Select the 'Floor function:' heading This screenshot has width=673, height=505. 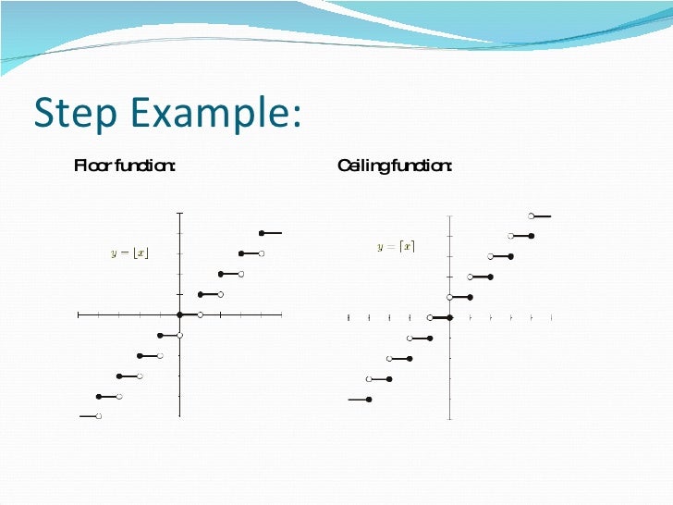pyautogui.click(x=125, y=166)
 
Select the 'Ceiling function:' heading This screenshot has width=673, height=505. pyautogui.click(x=395, y=166)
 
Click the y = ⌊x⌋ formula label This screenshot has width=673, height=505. pyautogui.click(x=130, y=253)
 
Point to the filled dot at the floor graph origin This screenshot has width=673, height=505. pyautogui.click(x=180, y=314)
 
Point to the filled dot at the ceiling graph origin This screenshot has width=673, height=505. pyautogui.click(x=450, y=317)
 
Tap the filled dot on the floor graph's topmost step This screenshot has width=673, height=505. pyautogui.click(x=262, y=233)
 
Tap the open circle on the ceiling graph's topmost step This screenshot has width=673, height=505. pyautogui.click(x=532, y=216)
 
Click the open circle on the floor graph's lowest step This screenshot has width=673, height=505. pyautogui.click(x=99, y=416)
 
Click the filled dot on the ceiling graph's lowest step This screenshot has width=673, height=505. pyautogui.click(x=369, y=400)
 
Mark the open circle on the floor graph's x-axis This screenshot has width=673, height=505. pyautogui.click(x=201, y=314)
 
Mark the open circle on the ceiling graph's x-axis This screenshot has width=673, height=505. pyautogui.click(x=430, y=317)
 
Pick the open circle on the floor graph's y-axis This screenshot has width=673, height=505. pyautogui.click(x=180, y=335)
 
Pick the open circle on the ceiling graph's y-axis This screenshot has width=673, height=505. pyautogui.click(x=450, y=297)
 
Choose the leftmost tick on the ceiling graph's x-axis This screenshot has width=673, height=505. pyautogui.click(x=349, y=317)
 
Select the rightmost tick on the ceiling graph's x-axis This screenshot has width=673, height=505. pyautogui.click(x=552, y=317)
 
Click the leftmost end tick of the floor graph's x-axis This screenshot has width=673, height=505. pyautogui.click(x=79, y=314)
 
